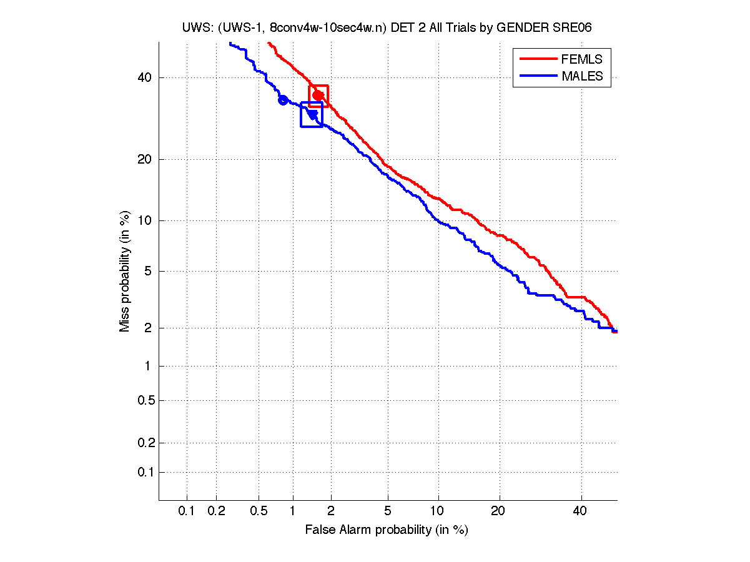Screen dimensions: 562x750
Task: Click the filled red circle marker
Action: pyautogui.click(x=318, y=95)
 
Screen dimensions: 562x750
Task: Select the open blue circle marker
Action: pyautogui.click(x=283, y=100)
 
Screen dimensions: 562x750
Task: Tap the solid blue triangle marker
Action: pyautogui.click(x=312, y=114)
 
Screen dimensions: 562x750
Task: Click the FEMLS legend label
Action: pyautogui.click(x=582, y=59)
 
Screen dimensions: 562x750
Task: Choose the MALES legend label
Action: pyautogui.click(x=582, y=76)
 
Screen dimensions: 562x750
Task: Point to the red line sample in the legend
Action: pyautogui.click(x=538, y=59)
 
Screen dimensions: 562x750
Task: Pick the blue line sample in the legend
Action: pyautogui.click(x=538, y=76)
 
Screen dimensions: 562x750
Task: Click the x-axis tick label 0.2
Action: pyautogui.click(x=216, y=511)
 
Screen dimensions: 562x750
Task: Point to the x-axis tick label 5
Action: pyautogui.click(x=388, y=511)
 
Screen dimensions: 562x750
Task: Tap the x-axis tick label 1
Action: pyautogui.click(x=292, y=511)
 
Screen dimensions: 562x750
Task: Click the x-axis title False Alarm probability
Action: pyautogui.click(x=387, y=530)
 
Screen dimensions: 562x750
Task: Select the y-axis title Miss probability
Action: pyautogui.click(x=125, y=271)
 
